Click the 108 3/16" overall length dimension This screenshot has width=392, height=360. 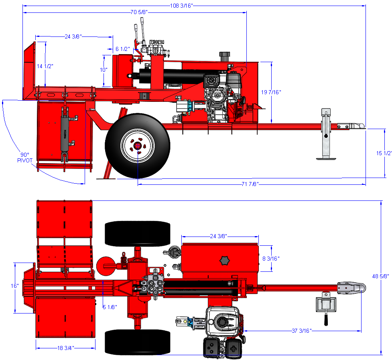[182, 6]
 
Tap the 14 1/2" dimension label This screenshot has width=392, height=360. [45, 66]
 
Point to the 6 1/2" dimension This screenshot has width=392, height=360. [123, 49]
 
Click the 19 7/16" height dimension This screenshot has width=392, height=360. [271, 92]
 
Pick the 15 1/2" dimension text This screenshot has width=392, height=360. [384, 153]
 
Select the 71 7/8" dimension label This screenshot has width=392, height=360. [250, 184]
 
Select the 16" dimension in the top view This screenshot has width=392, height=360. [15, 286]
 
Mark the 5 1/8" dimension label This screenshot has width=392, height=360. [110, 307]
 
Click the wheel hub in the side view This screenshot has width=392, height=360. [137, 146]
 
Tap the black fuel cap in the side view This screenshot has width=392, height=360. [224, 55]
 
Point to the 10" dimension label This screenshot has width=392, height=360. [104, 69]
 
